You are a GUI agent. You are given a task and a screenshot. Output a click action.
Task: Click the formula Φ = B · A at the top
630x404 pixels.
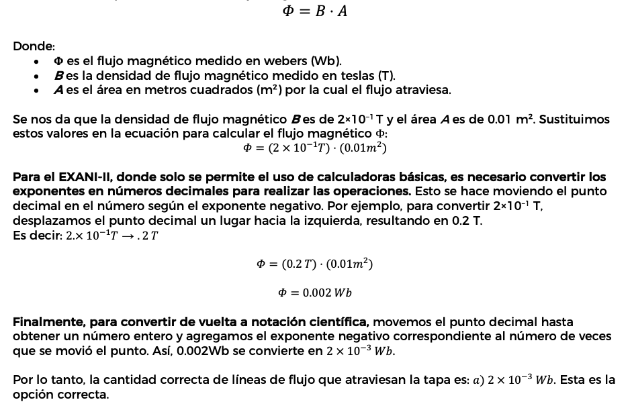click(x=315, y=11)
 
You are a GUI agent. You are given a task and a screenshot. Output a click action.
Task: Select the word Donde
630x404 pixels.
click(x=33, y=46)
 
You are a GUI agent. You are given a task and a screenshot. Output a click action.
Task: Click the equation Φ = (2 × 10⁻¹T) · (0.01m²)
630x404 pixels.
click(x=315, y=148)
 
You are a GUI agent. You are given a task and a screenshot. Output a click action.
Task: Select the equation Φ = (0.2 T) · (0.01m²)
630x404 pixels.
click(x=315, y=264)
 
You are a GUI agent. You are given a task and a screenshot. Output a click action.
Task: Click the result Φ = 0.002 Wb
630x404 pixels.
click(x=315, y=293)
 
